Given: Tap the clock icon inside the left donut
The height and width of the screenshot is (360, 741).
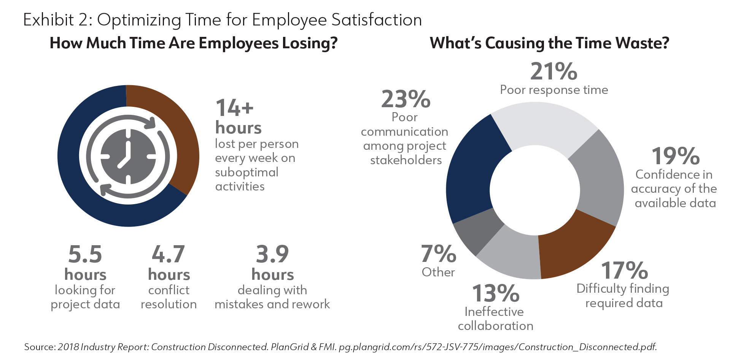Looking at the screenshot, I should [x=128, y=156].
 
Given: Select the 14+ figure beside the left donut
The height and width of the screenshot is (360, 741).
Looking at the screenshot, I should [x=234, y=108].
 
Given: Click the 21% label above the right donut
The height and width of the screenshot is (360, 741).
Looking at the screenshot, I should [x=553, y=71].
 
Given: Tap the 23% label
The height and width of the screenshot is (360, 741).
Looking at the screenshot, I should [x=405, y=100].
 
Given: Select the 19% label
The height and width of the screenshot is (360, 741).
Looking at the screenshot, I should [x=676, y=156].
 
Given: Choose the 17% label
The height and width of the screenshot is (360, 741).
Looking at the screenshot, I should [x=624, y=270].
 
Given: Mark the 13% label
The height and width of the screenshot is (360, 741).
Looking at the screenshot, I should [x=496, y=293].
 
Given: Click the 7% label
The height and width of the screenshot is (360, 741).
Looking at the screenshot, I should [x=438, y=254].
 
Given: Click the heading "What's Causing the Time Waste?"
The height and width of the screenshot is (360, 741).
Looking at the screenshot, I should [x=549, y=43].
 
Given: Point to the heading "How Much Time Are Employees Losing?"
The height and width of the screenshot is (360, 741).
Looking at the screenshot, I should [x=194, y=43].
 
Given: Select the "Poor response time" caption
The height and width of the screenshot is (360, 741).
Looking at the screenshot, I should [x=554, y=90].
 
